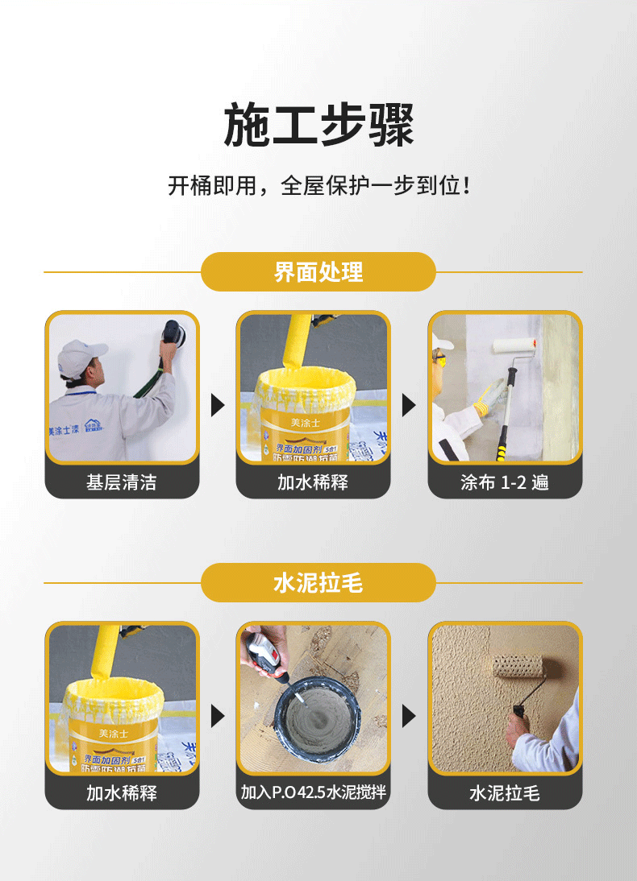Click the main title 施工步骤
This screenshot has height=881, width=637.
click(318, 126)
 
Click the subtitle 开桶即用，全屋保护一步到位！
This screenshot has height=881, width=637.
click(318, 186)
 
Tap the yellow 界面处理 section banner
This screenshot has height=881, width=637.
click(318, 272)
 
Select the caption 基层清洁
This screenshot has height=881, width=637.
click(122, 482)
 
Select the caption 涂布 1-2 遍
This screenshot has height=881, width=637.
click(505, 482)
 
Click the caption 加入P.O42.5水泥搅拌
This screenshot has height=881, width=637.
click(314, 792)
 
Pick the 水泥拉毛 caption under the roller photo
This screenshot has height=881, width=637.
click(505, 793)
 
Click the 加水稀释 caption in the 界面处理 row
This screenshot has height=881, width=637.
click(313, 482)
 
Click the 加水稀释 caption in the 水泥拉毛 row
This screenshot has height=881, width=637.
click(122, 793)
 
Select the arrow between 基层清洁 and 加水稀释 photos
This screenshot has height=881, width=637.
click(218, 404)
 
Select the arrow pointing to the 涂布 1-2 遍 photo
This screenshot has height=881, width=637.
click(409, 404)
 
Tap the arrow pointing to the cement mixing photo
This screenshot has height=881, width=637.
click(218, 715)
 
